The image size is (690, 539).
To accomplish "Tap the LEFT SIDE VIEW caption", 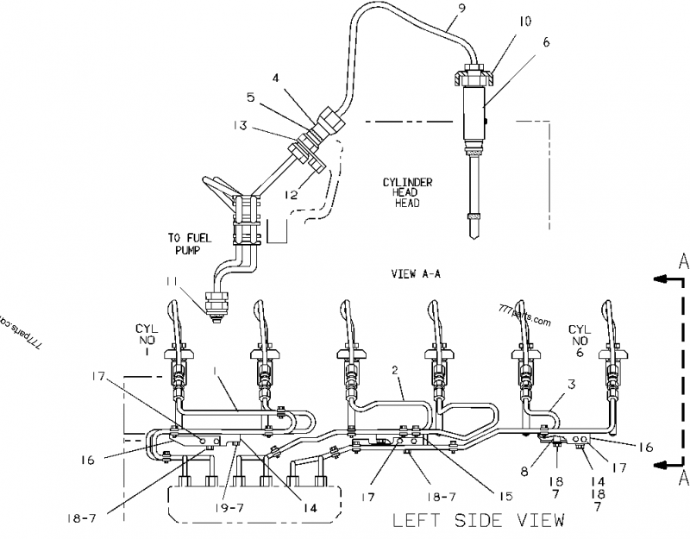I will pos(479,520).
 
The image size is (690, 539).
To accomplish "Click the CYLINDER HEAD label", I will pos(408,192).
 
